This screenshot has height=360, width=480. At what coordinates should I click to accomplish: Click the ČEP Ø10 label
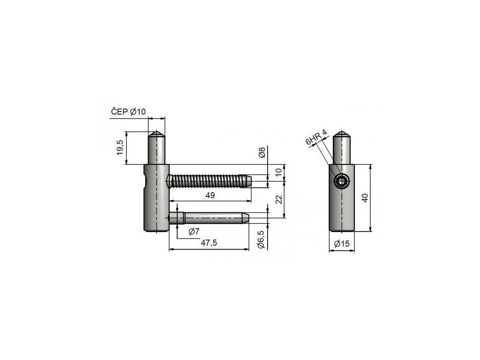point(128,112)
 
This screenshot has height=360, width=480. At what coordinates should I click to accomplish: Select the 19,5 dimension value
point(120,148)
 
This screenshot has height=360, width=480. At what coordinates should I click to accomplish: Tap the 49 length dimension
point(210,195)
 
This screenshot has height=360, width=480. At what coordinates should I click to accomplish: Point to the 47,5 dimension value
point(209,243)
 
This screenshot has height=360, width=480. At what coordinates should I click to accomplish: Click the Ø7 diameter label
point(194,232)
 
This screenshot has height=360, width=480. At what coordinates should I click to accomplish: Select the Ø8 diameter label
point(262,152)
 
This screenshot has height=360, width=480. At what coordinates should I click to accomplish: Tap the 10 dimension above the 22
point(278,172)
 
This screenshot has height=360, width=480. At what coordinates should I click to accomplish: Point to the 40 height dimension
point(365,198)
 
